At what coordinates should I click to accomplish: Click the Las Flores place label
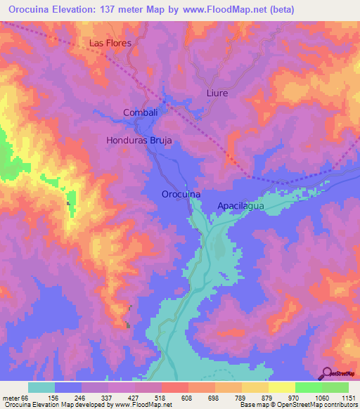tap(110, 43)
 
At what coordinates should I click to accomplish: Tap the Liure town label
tap(217, 93)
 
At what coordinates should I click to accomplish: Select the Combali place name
tap(140, 112)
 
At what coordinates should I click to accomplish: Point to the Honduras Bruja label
tap(139, 141)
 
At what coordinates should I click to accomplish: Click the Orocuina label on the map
tap(181, 194)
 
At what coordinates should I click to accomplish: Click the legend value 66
tap(24, 397)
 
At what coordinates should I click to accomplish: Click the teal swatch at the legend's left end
tap(41, 387)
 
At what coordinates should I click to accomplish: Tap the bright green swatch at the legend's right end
tap(335, 387)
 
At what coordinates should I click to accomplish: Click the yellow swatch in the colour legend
tap(282, 387)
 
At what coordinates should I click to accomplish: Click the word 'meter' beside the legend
tap(10, 397)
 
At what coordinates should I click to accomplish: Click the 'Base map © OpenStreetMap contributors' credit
tap(299, 405)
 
